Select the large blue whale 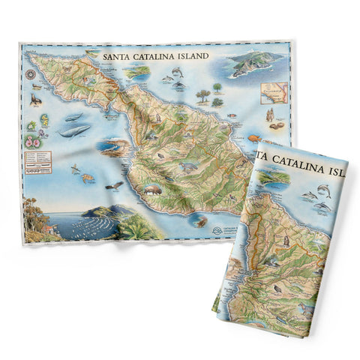point(75,130)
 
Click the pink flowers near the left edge point(33,140)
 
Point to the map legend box point(41,159)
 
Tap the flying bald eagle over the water point(113,184)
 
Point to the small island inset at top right point(251,64)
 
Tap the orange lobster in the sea point(88,177)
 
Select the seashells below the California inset point(269,115)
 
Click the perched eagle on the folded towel point(284,240)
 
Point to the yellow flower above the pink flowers point(43,119)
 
